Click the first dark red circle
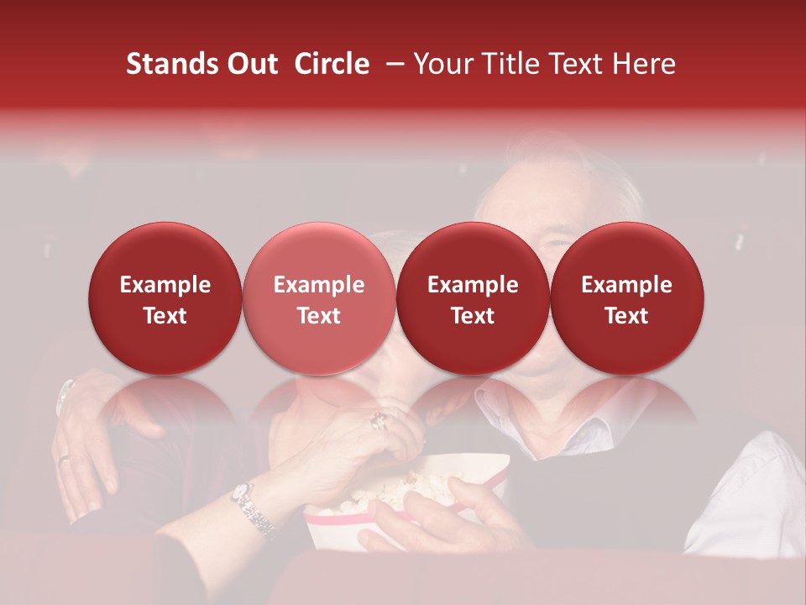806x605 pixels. pyautogui.click(x=165, y=298)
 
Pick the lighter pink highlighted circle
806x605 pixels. pyautogui.click(x=319, y=298)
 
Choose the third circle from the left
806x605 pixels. pyautogui.click(x=473, y=298)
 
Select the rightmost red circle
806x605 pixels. pyautogui.click(x=627, y=298)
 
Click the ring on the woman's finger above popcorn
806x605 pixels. pyautogui.click(x=380, y=418)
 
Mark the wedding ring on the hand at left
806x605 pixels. pyautogui.click(x=64, y=458)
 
